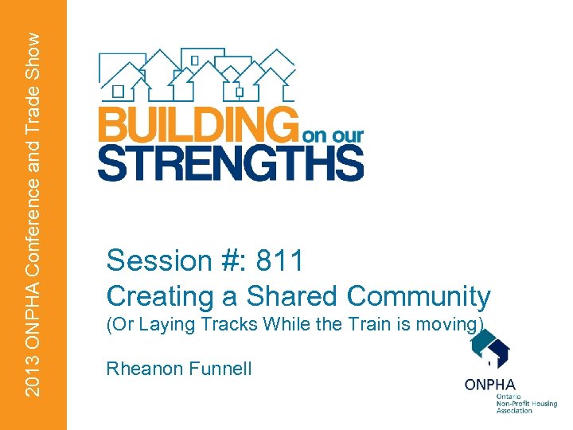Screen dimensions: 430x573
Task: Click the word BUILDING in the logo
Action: pyautogui.click(x=195, y=126)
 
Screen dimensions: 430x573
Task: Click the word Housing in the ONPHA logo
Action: pyautogui.click(x=540, y=404)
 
